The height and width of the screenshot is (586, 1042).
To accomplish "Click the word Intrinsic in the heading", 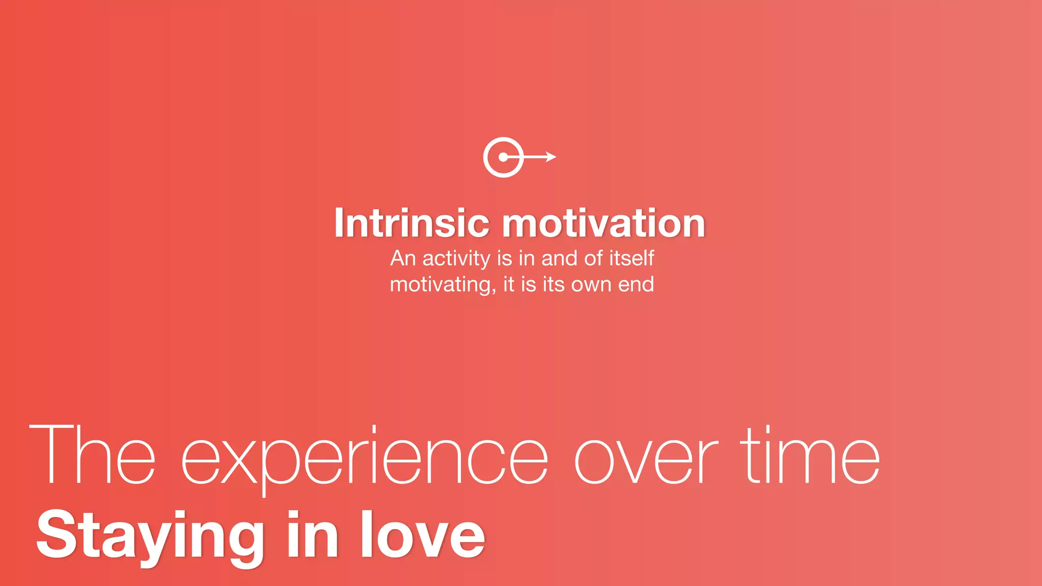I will point(411,223).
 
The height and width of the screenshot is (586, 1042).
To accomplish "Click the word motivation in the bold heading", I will point(603,223).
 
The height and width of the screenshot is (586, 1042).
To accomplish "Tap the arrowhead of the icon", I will point(551,157).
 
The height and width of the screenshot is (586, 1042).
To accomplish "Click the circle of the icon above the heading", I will point(503,157).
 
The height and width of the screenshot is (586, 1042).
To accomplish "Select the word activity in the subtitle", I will point(456,259).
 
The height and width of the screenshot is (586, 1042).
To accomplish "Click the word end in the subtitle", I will point(636,284).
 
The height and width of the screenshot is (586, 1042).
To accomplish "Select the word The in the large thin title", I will point(92,455).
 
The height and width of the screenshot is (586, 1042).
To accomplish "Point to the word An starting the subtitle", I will point(403,258).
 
